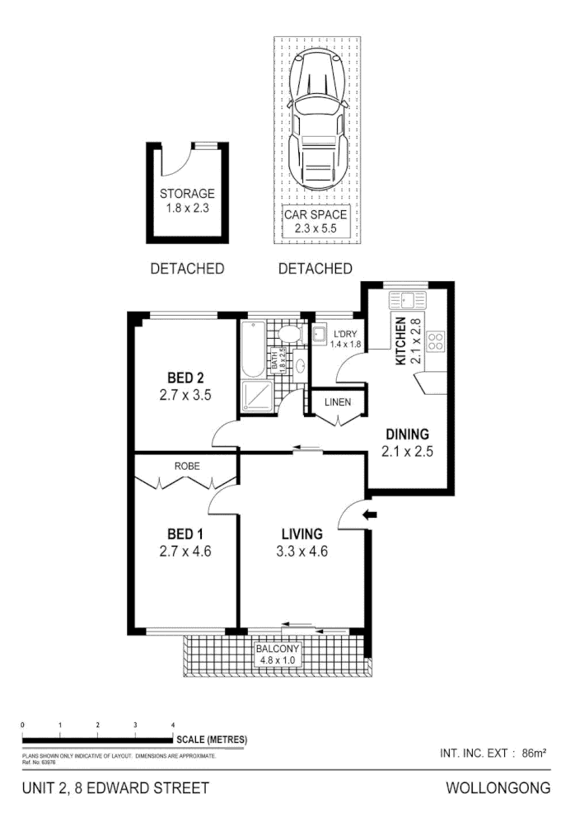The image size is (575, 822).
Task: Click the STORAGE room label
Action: coord(187,194)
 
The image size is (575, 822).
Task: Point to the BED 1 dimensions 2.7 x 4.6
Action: coord(185,552)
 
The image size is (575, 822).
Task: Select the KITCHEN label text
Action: coord(401,341)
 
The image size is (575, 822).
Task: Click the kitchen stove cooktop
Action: coord(436,341)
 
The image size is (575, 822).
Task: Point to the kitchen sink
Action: coord(406,298)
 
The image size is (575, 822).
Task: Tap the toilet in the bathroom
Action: coord(288,334)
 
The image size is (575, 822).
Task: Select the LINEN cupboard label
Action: coord(338,402)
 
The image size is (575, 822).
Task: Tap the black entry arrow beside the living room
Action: coord(371,515)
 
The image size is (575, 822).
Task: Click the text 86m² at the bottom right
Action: coord(535,752)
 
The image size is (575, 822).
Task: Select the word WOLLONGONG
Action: coord(498,788)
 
